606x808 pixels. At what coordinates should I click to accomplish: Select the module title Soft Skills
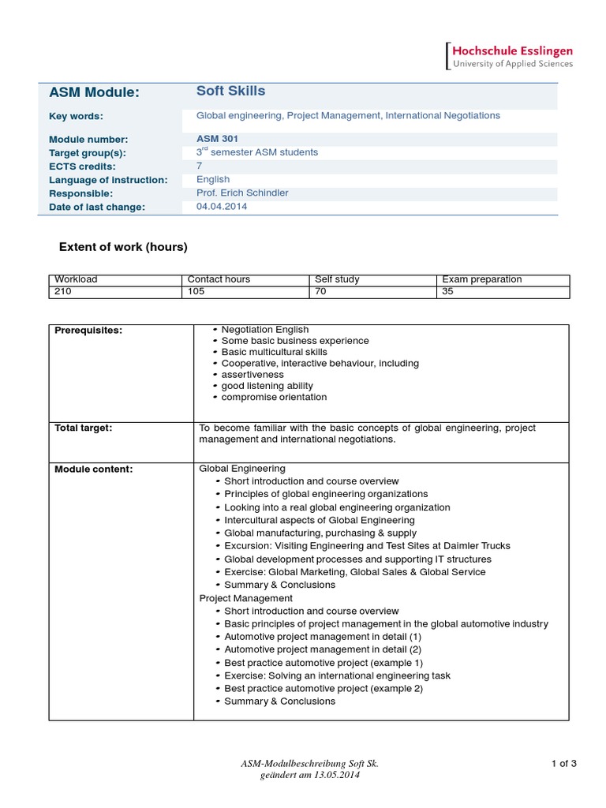click(230, 91)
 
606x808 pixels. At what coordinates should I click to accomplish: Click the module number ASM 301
click(217, 139)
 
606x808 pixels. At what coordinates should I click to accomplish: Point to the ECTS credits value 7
click(200, 166)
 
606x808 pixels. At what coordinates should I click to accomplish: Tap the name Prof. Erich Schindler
click(244, 193)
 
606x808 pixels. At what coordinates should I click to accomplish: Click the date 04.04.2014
click(221, 207)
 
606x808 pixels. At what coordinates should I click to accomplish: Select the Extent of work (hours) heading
click(123, 247)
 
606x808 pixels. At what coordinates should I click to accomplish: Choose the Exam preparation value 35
click(448, 291)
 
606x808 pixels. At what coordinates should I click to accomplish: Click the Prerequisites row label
click(88, 330)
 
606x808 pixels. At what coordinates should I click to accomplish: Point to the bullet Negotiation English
click(265, 330)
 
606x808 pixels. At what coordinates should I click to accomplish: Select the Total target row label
click(83, 428)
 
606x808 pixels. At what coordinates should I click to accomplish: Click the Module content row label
click(93, 469)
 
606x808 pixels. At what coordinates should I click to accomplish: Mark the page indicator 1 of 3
click(563, 763)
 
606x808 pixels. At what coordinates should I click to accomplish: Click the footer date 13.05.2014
click(337, 776)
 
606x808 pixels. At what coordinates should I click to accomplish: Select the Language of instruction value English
click(213, 180)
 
